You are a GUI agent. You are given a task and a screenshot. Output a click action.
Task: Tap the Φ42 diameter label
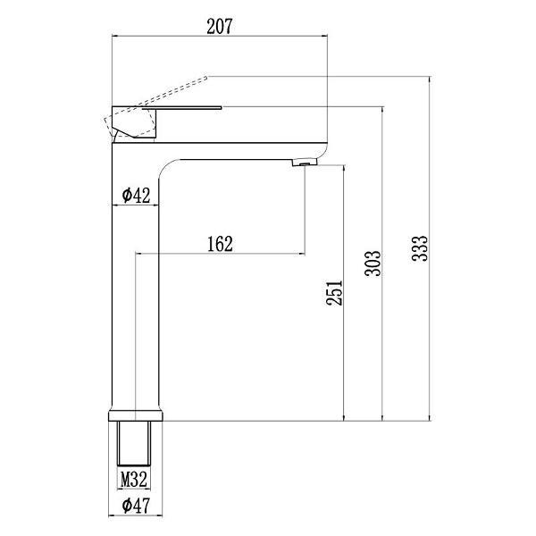coord(135,195)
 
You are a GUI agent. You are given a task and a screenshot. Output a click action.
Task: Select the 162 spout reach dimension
coord(219,243)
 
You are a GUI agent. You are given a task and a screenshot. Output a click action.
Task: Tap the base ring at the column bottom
coord(137,415)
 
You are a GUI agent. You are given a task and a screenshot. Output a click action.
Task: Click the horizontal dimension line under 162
coord(219,254)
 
